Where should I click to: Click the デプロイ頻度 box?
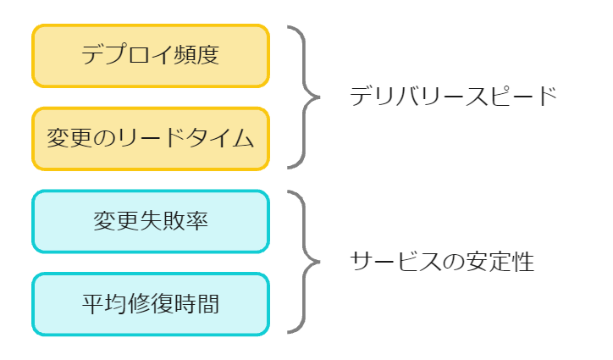(151, 56)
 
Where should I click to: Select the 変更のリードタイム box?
(151, 139)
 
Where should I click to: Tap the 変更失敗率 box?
(151, 221)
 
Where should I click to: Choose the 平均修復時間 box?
(151, 303)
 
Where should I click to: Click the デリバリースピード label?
(453, 96)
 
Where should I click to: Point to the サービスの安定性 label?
(442, 262)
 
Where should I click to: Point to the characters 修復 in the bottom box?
(151, 303)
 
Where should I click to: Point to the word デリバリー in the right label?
(406, 96)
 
